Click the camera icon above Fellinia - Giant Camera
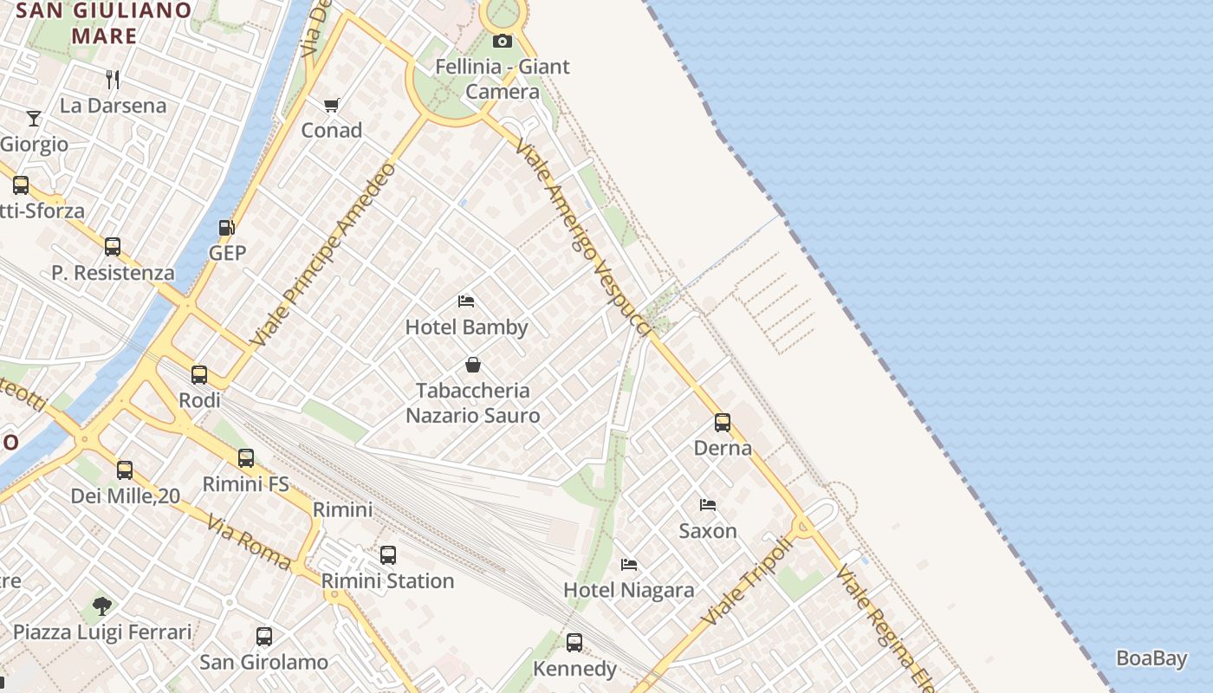[x=502, y=41]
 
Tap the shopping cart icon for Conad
[x=332, y=106]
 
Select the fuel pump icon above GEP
[x=227, y=228]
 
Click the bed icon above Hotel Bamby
[x=466, y=301]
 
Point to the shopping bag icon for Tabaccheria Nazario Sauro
[x=473, y=365]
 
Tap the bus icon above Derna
[x=723, y=423]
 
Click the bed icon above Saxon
[x=708, y=505]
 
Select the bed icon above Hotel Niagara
[x=629, y=565]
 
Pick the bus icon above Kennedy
[x=574, y=643]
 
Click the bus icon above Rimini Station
[x=388, y=555]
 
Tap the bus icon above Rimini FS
[x=246, y=458]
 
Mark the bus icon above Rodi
[x=199, y=375]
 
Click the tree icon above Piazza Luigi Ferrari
[x=102, y=606]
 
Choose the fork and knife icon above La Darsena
[x=113, y=80]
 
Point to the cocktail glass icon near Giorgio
[x=34, y=118]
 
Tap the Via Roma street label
[x=249, y=541]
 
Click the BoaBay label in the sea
[x=1151, y=658]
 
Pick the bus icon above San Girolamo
[x=264, y=637]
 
